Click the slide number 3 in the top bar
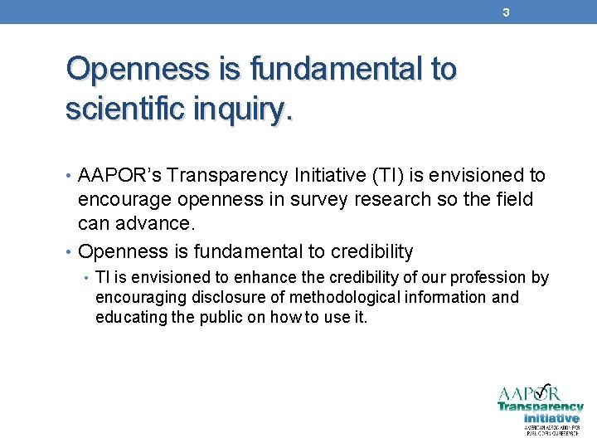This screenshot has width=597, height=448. click(505, 12)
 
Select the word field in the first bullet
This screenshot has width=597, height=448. click(515, 200)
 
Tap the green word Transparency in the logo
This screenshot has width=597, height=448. click(540, 407)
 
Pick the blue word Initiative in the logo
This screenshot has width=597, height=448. click(551, 418)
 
